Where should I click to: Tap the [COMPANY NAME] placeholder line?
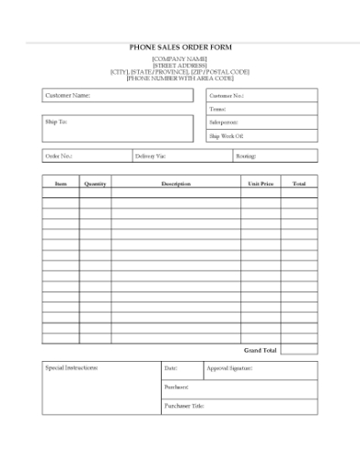click(179, 59)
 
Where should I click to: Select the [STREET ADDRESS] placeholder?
click(179, 66)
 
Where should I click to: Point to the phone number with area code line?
click(179, 79)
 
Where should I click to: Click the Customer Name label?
click(68, 95)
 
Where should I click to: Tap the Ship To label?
click(56, 121)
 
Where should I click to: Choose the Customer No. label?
click(227, 95)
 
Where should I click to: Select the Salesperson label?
click(224, 122)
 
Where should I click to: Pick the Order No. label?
click(58, 156)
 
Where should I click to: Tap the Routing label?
click(246, 156)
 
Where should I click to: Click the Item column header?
click(60, 184)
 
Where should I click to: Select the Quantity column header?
click(95, 184)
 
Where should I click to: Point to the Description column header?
click(175, 184)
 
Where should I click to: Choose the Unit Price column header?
click(260, 184)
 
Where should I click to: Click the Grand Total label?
click(260, 350)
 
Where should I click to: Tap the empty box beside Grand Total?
click(299, 350)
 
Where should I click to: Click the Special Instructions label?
click(71, 368)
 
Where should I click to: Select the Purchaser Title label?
click(184, 406)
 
